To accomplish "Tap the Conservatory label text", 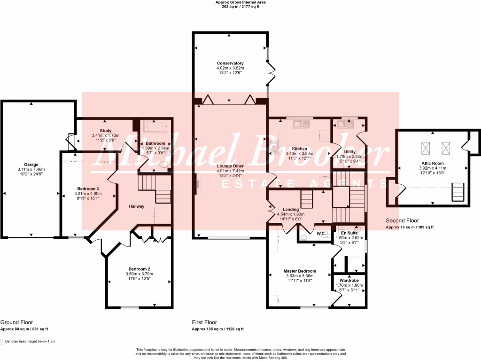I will coord(230,63).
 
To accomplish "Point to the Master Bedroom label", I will coord(300,271).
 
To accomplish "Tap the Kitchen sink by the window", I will coord(299,124).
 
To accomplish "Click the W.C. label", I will coord(322,234).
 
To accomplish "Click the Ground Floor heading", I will coord(16,322).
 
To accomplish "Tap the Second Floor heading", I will coord(403,220).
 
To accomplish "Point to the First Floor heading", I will coord(204,322).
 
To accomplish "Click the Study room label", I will coord(105,131).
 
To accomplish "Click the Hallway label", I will coord(137,206).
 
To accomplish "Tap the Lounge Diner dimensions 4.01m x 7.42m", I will coord(230,171).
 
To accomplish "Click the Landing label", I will coord(291,210).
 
